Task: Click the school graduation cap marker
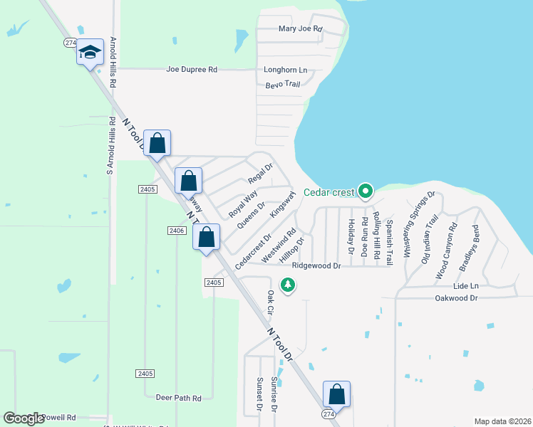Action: pyautogui.click(x=90, y=53)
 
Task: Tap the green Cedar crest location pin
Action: pyautogui.click(x=366, y=191)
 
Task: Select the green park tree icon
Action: pyautogui.click(x=288, y=285)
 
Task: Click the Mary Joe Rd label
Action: pyautogui.click(x=301, y=29)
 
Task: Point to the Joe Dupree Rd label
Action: pyautogui.click(x=191, y=70)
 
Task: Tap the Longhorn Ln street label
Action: pyautogui.click(x=285, y=70)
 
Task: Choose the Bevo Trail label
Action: pyautogui.click(x=283, y=84)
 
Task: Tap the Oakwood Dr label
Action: pyautogui.click(x=456, y=298)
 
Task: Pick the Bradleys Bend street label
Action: pyautogui.click(x=467, y=249)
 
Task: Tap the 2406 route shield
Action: pyautogui.click(x=177, y=230)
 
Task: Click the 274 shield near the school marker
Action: pyautogui.click(x=70, y=43)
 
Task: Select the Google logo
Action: pyautogui.click(x=24, y=418)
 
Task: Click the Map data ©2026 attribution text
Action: pyautogui.click(x=502, y=421)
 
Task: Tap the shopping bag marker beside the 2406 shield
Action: pyautogui.click(x=207, y=237)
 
